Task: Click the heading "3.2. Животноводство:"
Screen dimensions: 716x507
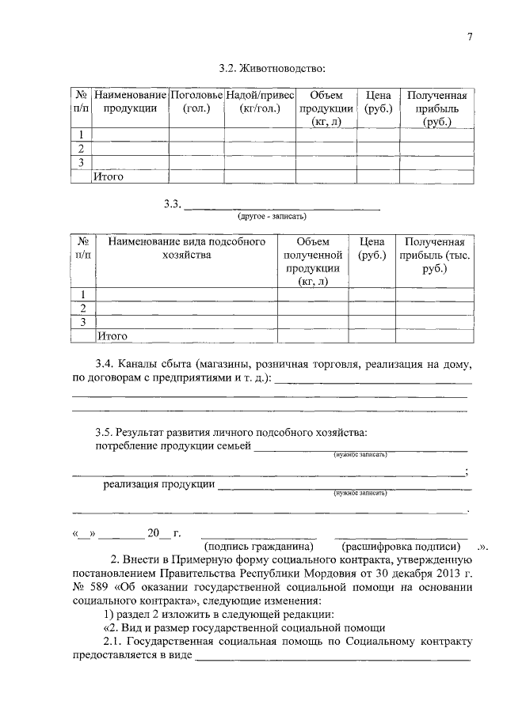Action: pos(273,69)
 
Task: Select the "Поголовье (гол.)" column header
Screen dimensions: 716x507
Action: pos(196,102)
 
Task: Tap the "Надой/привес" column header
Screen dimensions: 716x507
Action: pos(255,96)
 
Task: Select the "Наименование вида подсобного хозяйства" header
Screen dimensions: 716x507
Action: pos(186,248)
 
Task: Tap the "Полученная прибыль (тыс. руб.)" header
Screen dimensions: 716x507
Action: pos(434,255)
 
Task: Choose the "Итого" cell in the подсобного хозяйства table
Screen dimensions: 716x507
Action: pos(112,336)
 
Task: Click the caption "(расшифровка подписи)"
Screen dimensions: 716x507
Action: pos(400,547)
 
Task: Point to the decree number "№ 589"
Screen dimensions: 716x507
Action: pos(90,588)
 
